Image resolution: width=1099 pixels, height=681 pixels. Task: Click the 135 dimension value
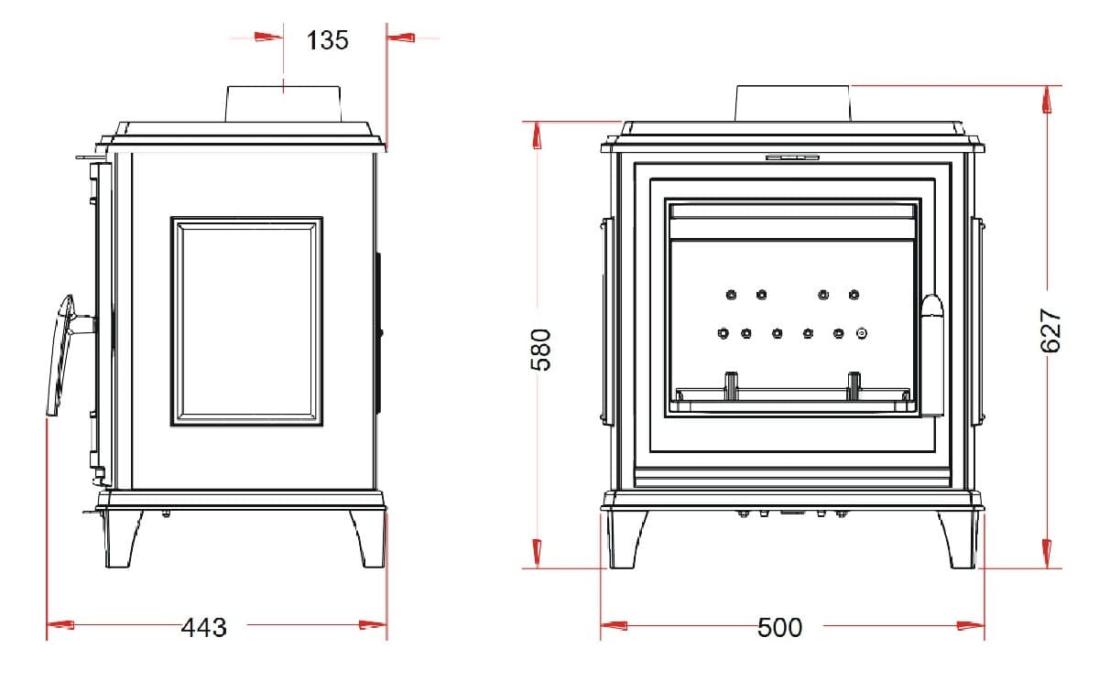point(327,40)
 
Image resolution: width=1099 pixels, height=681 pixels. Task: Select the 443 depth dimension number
point(204,627)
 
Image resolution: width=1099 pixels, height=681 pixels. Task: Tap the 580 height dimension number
point(541,350)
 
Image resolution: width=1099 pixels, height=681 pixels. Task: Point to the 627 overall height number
point(1050,330)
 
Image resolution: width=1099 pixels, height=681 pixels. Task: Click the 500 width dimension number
point(779,627)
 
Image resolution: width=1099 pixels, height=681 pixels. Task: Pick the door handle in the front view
point(932,355)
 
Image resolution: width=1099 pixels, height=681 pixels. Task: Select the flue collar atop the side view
point(283,104)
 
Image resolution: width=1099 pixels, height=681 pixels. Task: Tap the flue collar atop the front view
point(792,103)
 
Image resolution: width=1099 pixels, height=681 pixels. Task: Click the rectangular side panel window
point(246,321)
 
